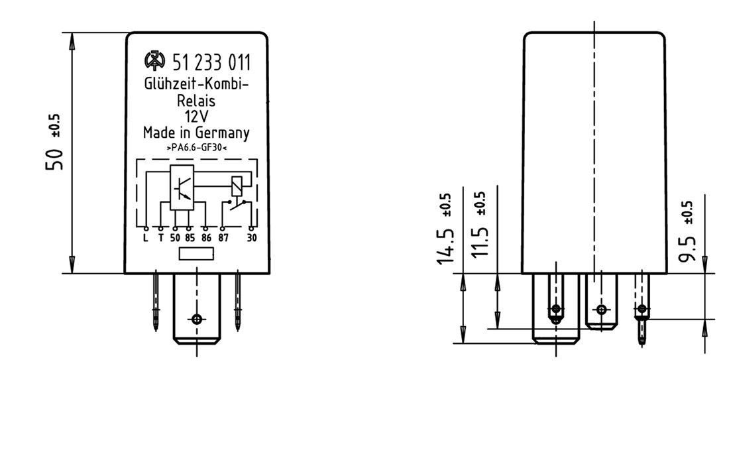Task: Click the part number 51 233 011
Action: point(211,64)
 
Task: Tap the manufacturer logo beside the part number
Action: point(154,62)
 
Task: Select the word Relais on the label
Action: point(196,101)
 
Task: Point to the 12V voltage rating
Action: point(196,117)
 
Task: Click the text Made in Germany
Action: point(196,133)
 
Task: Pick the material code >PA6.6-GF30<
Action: point(197,148)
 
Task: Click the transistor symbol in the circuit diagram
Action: point(182,188)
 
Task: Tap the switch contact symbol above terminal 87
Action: point(237,205)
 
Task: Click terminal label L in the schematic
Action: point(146,238)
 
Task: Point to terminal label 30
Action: point(252,238)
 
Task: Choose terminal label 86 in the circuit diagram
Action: point(206,238)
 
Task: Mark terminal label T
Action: point(160,238)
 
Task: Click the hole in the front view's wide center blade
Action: point(196,319)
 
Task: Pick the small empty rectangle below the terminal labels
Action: point(196,254)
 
